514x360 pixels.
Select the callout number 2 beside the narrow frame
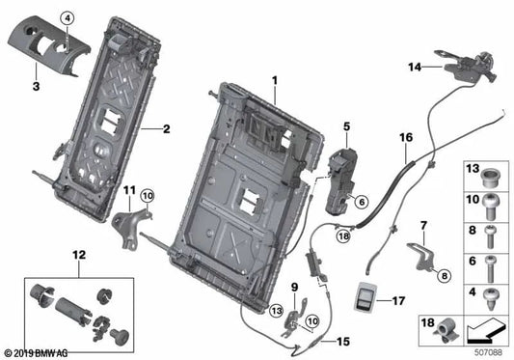[165, 127]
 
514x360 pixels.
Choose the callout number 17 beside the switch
[397, 300]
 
